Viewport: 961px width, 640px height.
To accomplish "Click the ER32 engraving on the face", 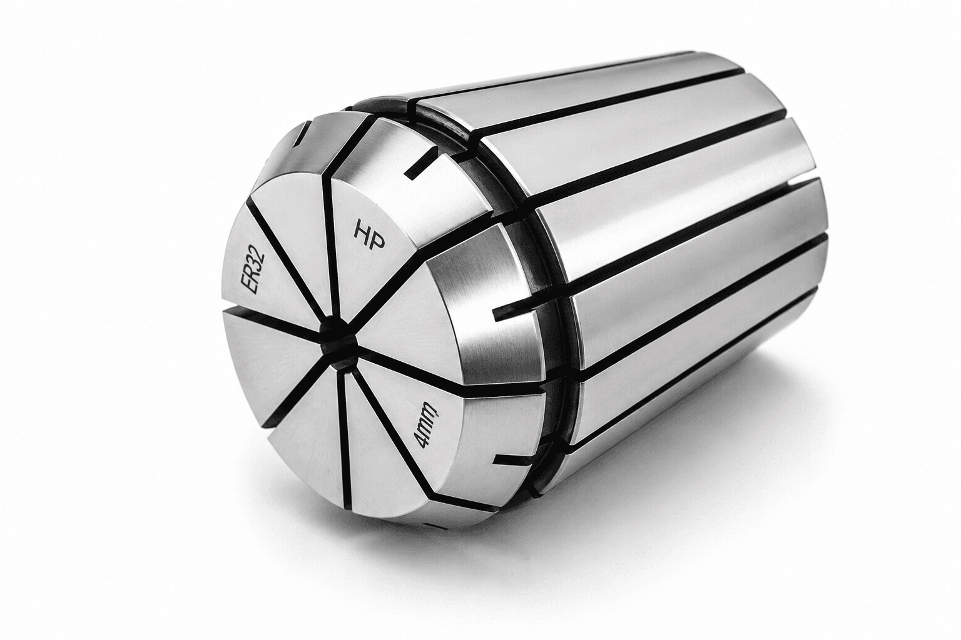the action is [254, 272].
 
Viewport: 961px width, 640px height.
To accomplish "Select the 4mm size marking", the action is [426, 426].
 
